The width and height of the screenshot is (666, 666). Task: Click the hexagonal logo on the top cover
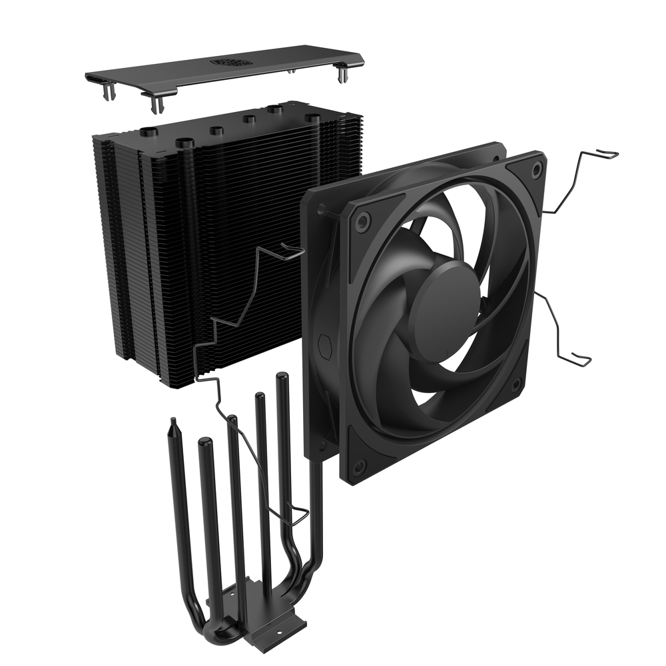pyautogui.click(x=228, y=61)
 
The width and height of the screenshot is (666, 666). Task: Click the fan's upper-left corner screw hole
pyautogui.click(x=362, y=221)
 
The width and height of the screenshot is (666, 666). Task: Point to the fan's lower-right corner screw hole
pyautogui.click(x=516, y=385)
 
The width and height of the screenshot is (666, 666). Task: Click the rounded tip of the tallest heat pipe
pyautogui.click(x=282, y=378)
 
